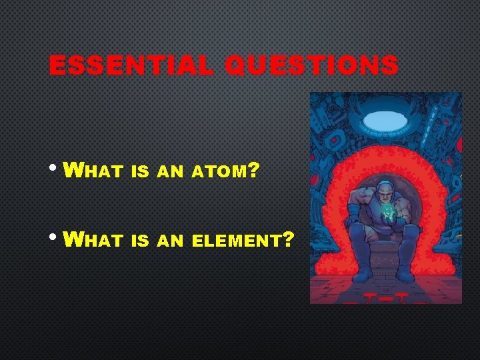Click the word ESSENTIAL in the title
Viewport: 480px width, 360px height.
[x=131, y=65]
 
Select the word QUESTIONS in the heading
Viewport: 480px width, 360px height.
[x=311, y=65]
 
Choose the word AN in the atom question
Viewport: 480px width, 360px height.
[x=170, y=172]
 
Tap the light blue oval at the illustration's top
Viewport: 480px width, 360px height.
[x=385, y=120]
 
